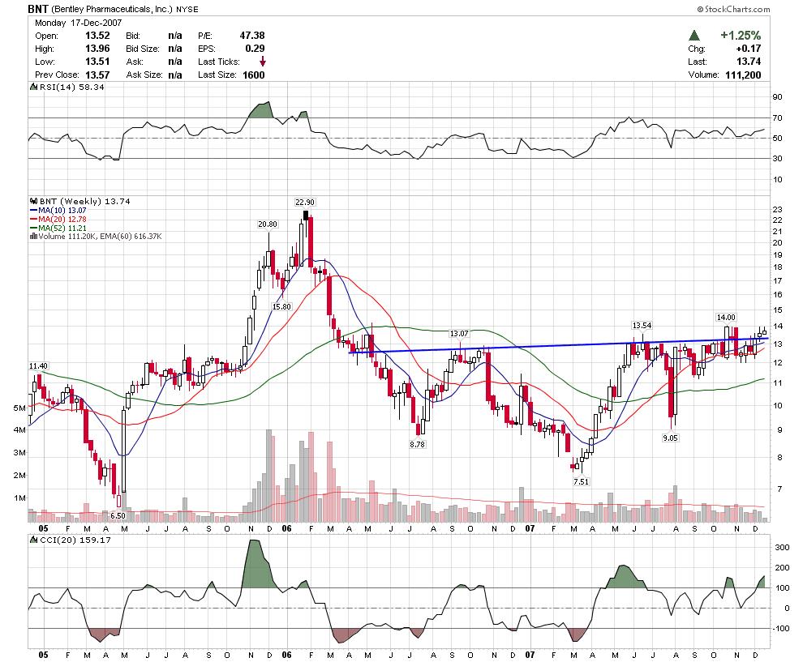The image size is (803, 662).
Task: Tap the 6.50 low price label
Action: pyautogui.click(x=118, y=515)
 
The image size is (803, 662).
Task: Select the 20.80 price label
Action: pyautogui.click(x=268, y=224)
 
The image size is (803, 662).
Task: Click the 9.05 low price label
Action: pyautogui.click(x=669, y=438)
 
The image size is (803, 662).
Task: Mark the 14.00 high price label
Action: pyautogui.click(x=725, y=317)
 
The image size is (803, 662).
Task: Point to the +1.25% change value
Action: pyautogui.click(x=740, y=36)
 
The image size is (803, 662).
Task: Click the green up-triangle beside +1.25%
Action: pyautogui.click(x=694, y=36)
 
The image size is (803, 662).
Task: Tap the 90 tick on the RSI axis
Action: pyautogui.click(x=777, y=97)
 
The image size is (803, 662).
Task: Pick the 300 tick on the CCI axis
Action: pyautogui.click(x=779, y=548)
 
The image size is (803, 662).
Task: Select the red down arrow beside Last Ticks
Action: pyautogui.click(x=263, y=62)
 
